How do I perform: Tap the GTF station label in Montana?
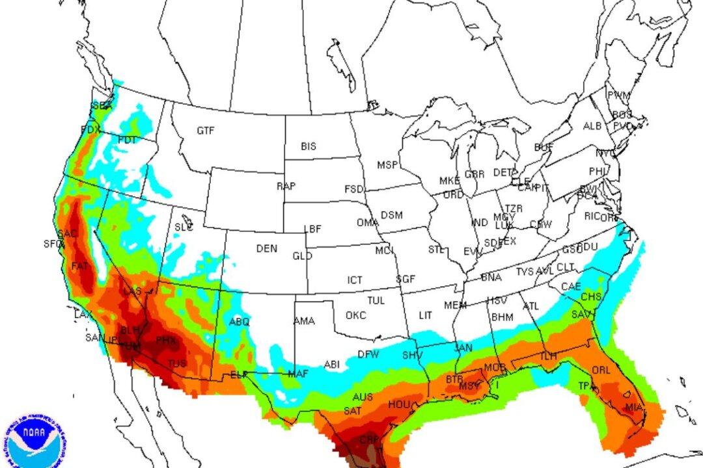point(206,131)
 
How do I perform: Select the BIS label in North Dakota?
point(309,147)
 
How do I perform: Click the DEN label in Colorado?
point(266,248)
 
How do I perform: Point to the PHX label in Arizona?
point(165,339)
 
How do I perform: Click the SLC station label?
point(184,227)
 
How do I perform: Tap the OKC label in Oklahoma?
point(355,315)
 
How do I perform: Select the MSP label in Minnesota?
point(388,166)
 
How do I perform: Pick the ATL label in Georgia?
point(531,306)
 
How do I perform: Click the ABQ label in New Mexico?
point(240,322)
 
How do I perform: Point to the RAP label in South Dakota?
point(286,186)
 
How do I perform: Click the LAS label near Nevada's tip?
point(132,291)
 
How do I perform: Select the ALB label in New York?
point(592,126)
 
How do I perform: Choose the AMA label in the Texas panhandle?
point(304,321)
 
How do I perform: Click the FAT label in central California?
point(79,266)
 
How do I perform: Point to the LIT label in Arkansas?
point(425,315)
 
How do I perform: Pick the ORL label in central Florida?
point(601,371)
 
